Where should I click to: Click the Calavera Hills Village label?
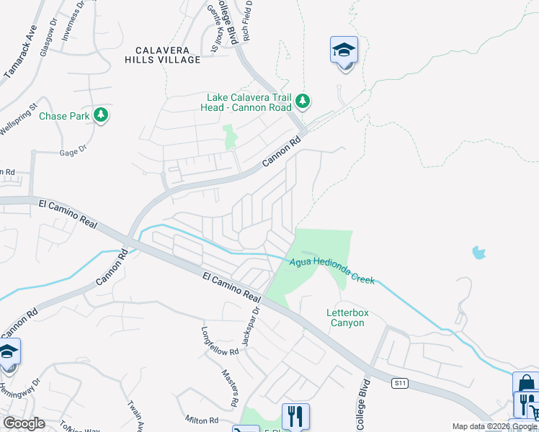click(x=168, y=55)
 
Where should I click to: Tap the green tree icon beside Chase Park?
click(x=102, y=114)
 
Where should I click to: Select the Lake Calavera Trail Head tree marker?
click(x=303, y=102)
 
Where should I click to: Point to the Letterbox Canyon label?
click(x=345, y=318)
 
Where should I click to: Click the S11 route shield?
click(x=401, y=382)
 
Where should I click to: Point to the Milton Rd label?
click(x=202, y=420)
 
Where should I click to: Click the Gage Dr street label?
click(x=73, y=150)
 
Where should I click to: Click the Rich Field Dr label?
click(x=246, y=19)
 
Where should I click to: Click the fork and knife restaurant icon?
click(x=295, y=416)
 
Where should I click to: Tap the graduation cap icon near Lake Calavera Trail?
click(x=344, y=50)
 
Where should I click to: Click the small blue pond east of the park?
click(x=478, y=252)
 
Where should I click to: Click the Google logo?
click(x=24, y=423)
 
